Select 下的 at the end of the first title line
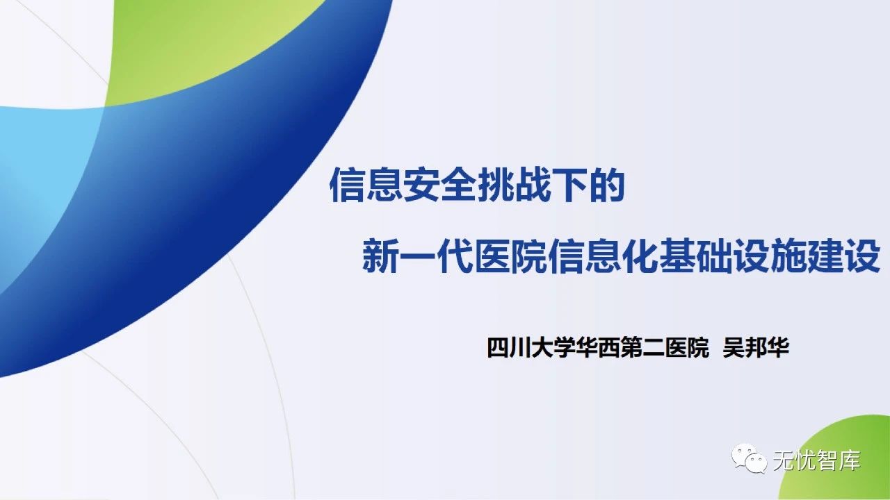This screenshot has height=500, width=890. tap(588, 184)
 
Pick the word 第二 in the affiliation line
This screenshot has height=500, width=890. tap(644, 347)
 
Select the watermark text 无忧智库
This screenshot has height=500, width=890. tap(816, 460)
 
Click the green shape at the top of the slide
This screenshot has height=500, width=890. tap(209, 42)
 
